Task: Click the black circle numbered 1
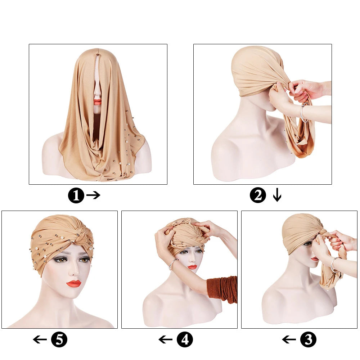(76, 196)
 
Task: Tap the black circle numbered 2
(258, 196)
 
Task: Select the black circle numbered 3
(309, 339)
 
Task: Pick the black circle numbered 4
(185, 339)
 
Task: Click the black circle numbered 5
(59, 339)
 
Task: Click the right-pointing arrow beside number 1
(93, 195)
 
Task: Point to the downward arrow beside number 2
(277, 195)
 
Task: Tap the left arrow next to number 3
(289, 339)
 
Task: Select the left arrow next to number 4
(166, 339)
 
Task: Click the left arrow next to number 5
(40, 339)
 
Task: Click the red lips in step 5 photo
(74, 283)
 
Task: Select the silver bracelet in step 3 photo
(334, 265)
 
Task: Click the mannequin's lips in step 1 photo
(97, 102)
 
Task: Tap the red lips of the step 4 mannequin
(192, 267)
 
